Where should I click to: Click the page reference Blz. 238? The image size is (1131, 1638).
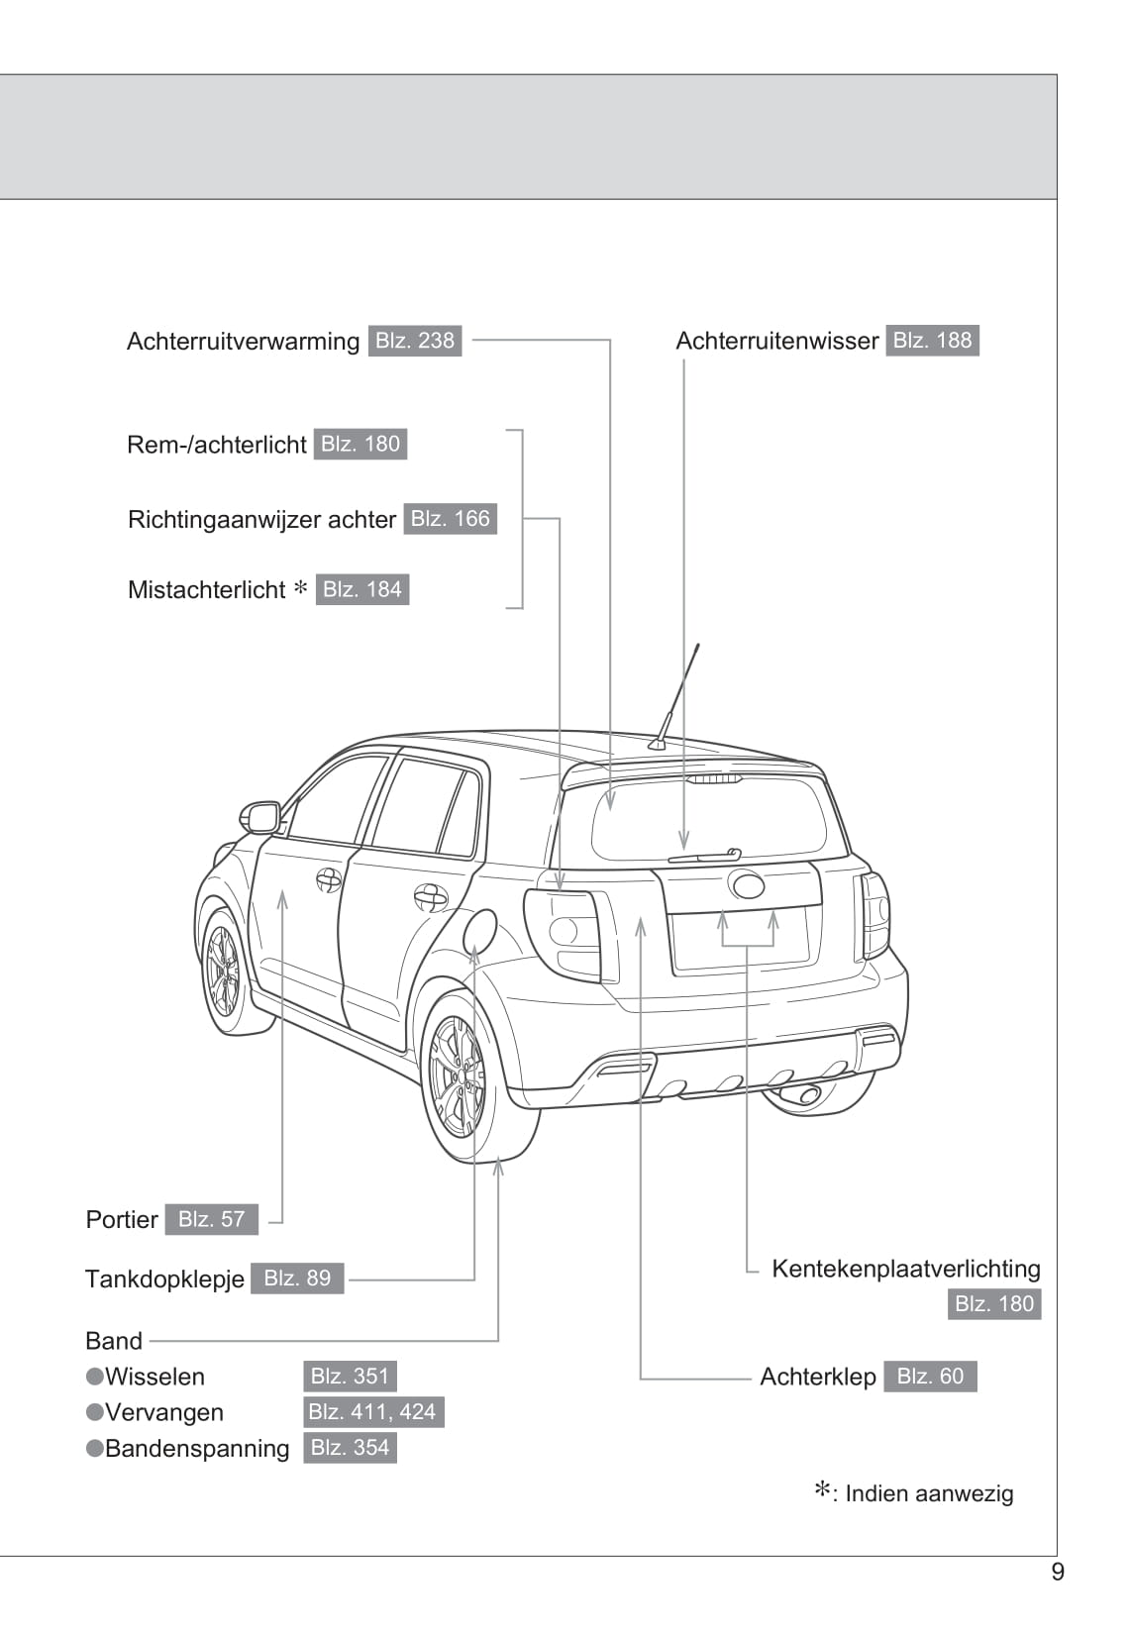tap(414, 341)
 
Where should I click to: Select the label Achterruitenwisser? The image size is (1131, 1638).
tap(776, 342)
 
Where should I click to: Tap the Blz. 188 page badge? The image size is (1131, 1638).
tap(932, 341)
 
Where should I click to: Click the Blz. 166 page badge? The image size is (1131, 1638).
tap(450, 519)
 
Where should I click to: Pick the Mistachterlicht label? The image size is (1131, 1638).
tap(206, 590)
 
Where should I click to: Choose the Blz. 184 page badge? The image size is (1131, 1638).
tap(362, 590)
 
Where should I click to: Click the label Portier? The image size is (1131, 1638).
tap(122, 1220)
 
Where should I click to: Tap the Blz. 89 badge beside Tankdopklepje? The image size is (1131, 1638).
tap(297, 1279)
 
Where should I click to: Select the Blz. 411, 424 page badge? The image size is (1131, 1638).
tap(372, 1412)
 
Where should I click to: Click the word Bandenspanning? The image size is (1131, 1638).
tap(197, 1449)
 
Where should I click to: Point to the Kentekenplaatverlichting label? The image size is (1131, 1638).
tap(905, 1270)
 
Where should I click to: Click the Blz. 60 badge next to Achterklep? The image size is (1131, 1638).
tap(930, 1377)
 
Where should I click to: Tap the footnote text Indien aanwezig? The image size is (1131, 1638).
tap(929, 1494)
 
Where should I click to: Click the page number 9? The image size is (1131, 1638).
tap(1058, 1573)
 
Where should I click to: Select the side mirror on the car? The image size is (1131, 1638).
tap(261, 818)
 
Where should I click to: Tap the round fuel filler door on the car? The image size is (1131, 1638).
tap(480, 931)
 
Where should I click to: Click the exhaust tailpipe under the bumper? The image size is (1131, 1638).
tap(801, 1094)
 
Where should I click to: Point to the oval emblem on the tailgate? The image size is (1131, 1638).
tap(747, 884)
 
